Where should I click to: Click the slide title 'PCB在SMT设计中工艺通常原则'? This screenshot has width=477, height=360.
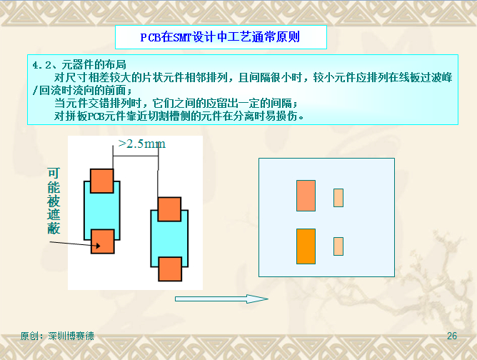point(220,37)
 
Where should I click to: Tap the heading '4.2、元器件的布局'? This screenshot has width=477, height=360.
point(79,65)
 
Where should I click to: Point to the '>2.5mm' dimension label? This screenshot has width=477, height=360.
point(142,144)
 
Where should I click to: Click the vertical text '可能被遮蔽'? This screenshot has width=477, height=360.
point(54,201)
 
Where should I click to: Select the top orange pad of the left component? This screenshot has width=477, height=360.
point(102,181)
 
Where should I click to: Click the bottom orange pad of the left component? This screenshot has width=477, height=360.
point(103,241)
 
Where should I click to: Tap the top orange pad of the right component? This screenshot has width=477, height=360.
point(169,209)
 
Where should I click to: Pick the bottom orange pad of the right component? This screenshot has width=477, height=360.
point(170,269)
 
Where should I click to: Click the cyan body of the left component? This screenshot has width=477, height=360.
point(102,211)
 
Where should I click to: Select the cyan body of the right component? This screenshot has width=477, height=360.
point(169,239)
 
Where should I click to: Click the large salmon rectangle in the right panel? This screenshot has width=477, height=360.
point(306,196)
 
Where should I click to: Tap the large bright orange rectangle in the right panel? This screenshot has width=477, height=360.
point(306,246)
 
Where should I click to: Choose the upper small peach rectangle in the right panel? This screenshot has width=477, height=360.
point(338,198)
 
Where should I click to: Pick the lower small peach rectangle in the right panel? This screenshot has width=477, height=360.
point(338,246)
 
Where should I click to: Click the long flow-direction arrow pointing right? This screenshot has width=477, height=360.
point(221,299)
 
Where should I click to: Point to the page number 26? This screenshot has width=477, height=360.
point(452,336)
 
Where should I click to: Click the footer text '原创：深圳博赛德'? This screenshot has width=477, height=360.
point(57,336)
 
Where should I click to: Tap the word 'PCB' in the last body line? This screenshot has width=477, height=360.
point(96,116)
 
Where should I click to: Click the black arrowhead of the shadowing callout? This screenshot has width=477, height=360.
point(98,245)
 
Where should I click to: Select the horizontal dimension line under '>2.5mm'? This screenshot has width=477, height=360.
point(136,156)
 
